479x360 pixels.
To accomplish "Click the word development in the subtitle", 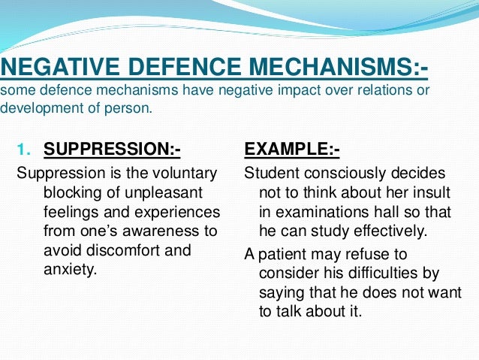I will point(36,107).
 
